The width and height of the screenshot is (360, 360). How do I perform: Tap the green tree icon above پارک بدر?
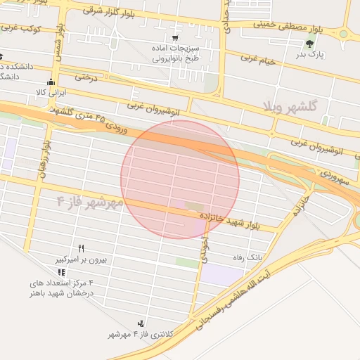pyautogui.click(x=309, y=44)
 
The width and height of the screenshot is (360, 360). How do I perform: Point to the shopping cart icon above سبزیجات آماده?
pyautogui.click(x=174, y=38)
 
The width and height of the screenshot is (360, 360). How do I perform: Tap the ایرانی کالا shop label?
pyautogui.click(x=51, y=92)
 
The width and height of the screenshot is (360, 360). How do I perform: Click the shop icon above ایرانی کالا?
pyautogui.click(x=51, y=82)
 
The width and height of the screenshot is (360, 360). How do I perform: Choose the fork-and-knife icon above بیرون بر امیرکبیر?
pyautogui.click(x=81, y=249)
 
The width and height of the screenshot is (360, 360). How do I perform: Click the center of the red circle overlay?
pyautogui.click(x=180, y=179)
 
